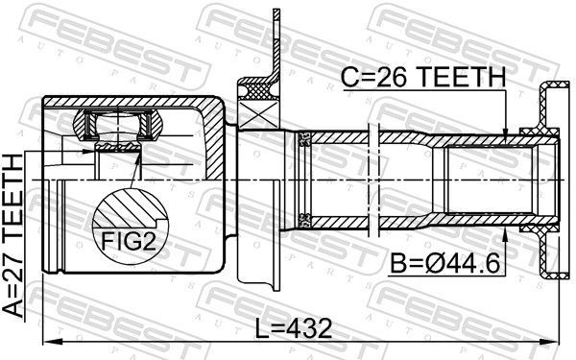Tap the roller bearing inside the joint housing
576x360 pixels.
click(x=115, y=126)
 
